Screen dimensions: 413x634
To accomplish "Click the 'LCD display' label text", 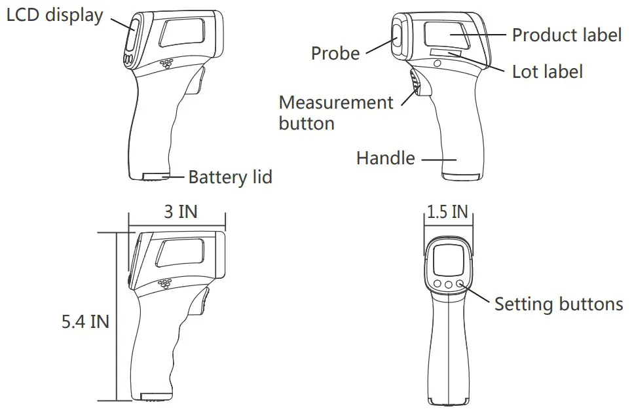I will (x=54, y=15).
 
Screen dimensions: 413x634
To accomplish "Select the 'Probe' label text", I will (x=335, y=53).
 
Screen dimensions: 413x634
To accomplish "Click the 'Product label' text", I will (x=567, y=35).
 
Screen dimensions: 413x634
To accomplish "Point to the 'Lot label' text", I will (x=547, y=71).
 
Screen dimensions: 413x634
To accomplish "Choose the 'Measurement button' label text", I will (x=336, y=113).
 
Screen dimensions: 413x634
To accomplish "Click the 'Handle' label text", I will (x=385, y=158).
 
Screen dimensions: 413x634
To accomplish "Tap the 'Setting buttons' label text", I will (x=558, y=304).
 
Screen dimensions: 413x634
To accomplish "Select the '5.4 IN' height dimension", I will (x=85, y=321).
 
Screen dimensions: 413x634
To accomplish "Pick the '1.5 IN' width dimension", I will (x=447, y=212).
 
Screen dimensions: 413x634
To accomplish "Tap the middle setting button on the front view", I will (x=449, y=284).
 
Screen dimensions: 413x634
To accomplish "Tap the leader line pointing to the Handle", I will (x=438, y=158).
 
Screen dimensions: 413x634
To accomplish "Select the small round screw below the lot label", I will (x=438, y=63).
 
